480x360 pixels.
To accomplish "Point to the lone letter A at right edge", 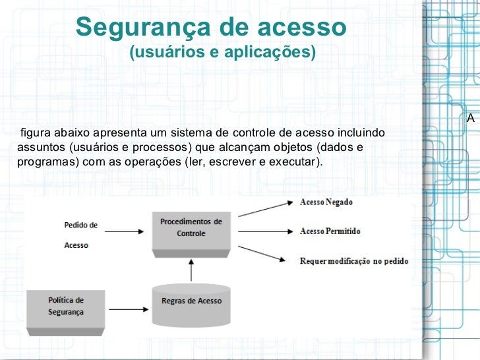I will pyautogui.click(x=470, y=119).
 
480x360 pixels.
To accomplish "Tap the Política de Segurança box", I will pyautogui.click(x=65, y=307).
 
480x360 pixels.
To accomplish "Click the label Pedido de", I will pyautogui.click(x=80, y=225).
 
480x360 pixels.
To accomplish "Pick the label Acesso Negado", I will pyautogui.click(x=326, y=202).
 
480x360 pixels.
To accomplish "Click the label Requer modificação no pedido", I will pyautogui.click(x=353, y=261).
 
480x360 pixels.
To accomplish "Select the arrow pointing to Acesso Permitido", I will pyautogui.click(x=266, y=231).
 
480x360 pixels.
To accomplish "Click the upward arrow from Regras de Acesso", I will pyautogui.click(x=191, y=270).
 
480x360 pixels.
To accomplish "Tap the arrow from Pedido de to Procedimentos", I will pyautogui.click(x=124, y=231).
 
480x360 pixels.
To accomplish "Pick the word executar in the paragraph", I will pyautogui.click(x=295, y=162).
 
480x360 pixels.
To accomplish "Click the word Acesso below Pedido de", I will pyautogui.click(x=76, y=245).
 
